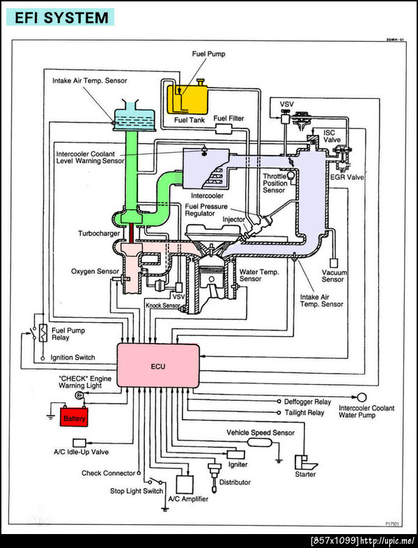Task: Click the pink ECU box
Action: coord(157,365)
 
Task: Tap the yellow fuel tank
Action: coord(192,98)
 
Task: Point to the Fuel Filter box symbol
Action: coord(224,130)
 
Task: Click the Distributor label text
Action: coord(235,482)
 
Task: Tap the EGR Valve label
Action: coord(346,177)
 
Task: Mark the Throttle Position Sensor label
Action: coord(274,183)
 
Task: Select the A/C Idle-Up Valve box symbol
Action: coord(80,443)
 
